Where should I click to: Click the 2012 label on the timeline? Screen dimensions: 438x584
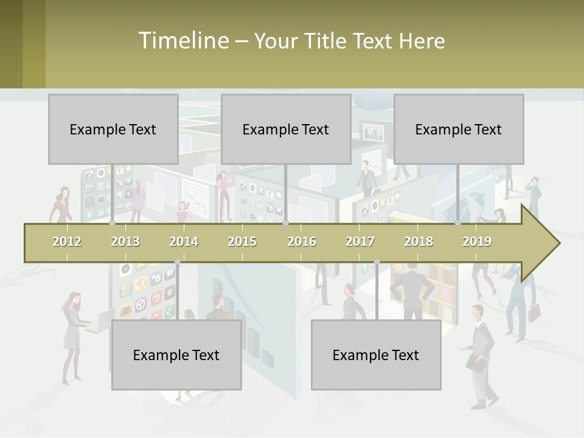point(67,242)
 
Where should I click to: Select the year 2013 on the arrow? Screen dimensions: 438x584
point(125,242)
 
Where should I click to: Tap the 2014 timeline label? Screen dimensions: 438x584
point(184,242)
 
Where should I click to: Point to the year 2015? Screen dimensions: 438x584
point(242,242)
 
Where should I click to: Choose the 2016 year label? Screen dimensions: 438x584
point(302,242)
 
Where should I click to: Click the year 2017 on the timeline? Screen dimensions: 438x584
point(360,242)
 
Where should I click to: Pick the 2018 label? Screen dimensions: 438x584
point(419,242)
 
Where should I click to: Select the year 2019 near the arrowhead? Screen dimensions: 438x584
point(477,242)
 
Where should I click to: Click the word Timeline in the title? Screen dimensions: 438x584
point(182,41)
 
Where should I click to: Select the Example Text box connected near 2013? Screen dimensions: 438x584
point(113,129)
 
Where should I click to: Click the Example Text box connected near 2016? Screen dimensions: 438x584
point(286,129)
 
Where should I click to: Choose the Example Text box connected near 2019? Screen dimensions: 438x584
point(459,129)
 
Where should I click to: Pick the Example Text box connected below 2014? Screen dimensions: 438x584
point(176,355)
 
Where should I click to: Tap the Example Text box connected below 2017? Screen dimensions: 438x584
point(376,355)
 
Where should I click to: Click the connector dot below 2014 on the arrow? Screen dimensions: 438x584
point(177,262)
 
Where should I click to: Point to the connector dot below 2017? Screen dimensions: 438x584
point(377,262)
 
